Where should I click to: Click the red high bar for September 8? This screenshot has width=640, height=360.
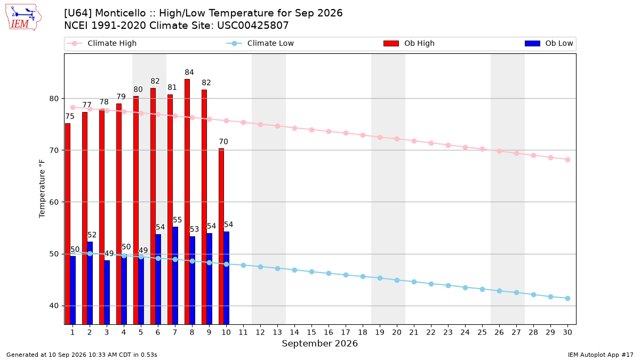tap(187, 202)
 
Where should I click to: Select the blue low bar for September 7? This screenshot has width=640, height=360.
tap(175, 276)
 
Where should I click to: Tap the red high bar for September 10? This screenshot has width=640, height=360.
tap(221, 237)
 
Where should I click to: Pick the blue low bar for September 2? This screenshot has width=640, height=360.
tap(90, 283)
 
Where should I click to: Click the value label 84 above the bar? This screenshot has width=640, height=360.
tap(189, 73)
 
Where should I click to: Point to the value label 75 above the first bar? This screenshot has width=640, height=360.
tap(70, 117)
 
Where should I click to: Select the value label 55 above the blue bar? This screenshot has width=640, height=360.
tap(177, 220)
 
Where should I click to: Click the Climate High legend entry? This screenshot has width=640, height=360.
tap(101, 43)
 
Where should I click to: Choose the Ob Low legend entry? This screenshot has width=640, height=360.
tap(549, 43)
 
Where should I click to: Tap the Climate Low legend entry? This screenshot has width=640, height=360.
tap(260, 43)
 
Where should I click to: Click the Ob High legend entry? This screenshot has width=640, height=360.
tap(409, 43)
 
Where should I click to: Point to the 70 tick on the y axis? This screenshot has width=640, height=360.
tap(54, 150)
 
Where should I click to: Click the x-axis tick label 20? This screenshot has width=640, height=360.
tap(397, 332)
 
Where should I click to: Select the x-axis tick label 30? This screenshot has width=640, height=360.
tap(567, 332)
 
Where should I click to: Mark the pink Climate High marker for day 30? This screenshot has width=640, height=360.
tap(567, 159)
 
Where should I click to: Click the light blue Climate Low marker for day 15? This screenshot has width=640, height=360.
tap(311, 271)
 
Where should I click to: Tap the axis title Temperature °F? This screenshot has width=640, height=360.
tap(42, 189)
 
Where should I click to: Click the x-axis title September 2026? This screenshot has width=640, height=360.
tap(319, 343)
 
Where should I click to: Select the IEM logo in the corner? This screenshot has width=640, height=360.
tap(23, 18)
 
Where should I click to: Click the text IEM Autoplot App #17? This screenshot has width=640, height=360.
tap(601, 355)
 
